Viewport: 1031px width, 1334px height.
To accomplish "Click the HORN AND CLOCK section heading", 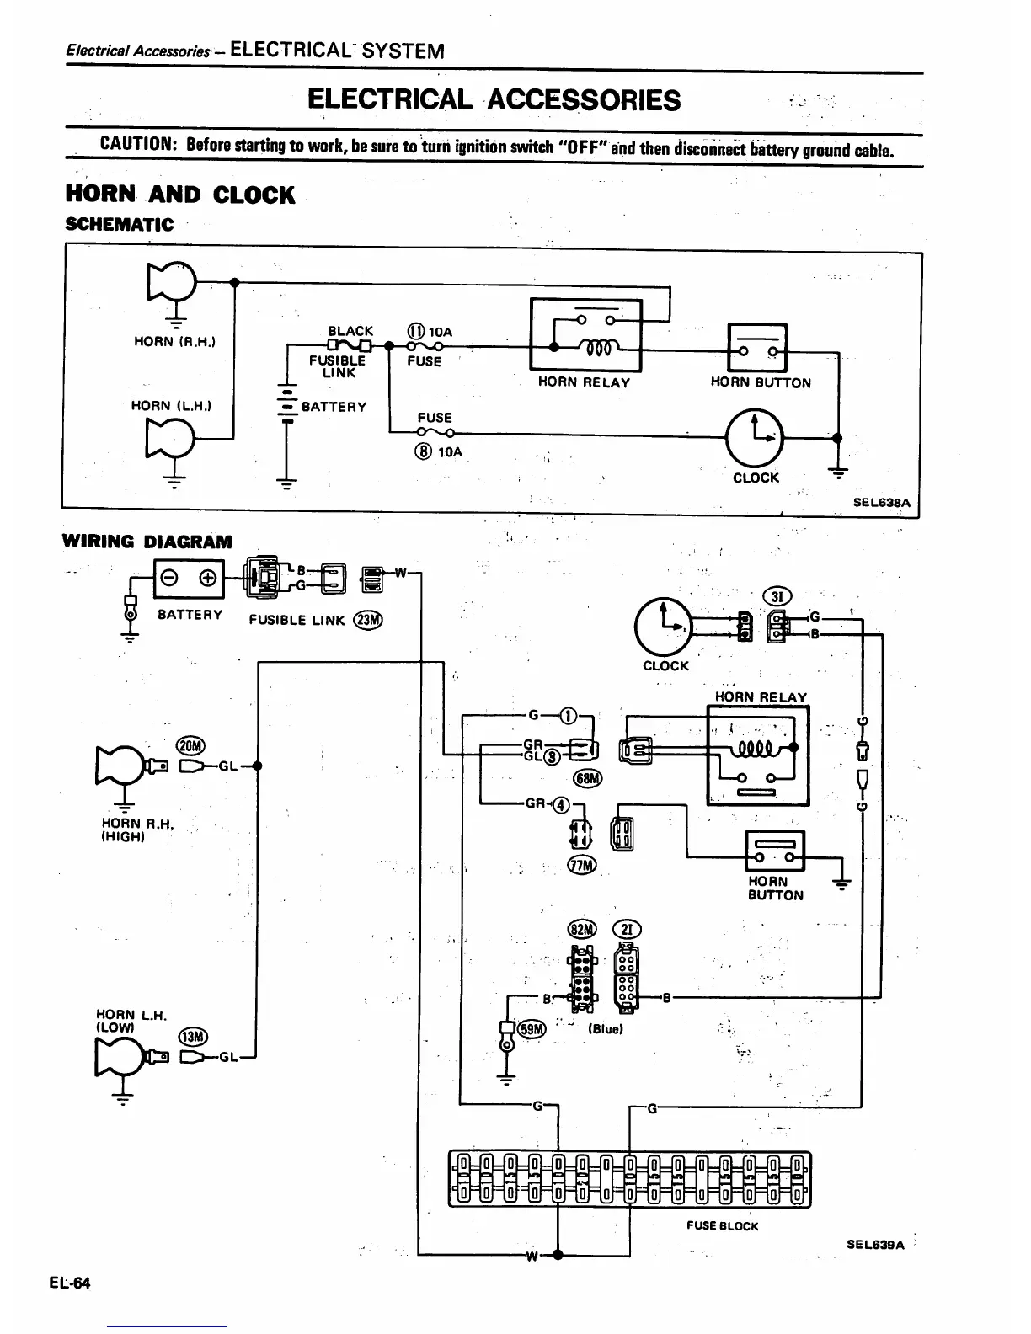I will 180,195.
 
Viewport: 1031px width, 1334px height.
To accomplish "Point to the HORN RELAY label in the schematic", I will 584,382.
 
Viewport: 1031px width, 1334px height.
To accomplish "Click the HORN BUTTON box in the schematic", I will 756,348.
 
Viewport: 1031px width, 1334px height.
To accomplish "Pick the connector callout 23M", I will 369,620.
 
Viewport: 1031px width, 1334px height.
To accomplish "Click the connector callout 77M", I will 582,865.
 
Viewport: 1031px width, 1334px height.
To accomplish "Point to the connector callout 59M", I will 532,1028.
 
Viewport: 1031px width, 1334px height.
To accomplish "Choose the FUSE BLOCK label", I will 722,1226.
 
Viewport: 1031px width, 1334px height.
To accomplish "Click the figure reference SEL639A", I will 875,1245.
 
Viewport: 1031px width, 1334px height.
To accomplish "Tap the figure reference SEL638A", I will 882,502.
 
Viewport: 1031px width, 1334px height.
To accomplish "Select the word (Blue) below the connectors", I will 605,1029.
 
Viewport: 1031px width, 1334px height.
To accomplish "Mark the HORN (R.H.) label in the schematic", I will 175,341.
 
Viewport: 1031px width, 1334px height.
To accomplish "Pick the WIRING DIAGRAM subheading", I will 147,542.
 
